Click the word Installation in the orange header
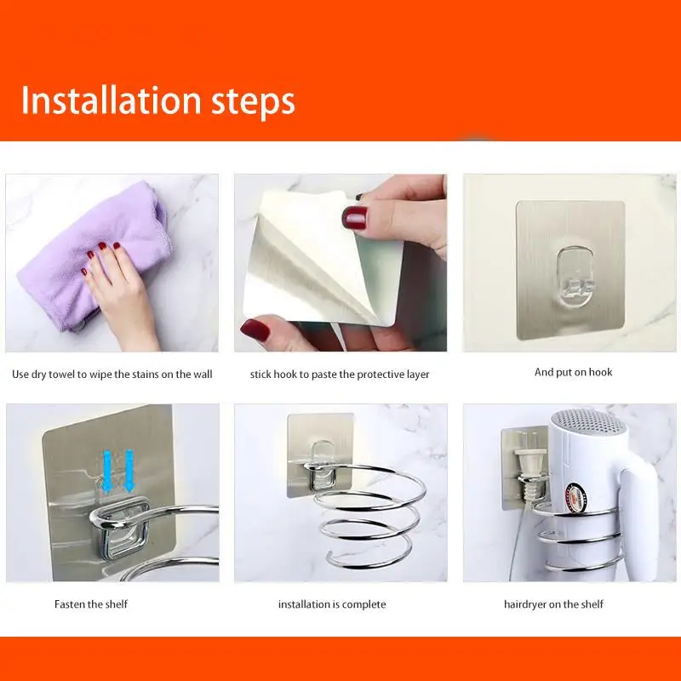pyautogui.click(x=111, y=100)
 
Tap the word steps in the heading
pyautogui.click(x=253, y=103)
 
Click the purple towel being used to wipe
pyautogui.click(x=91, y=256)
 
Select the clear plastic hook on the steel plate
pyautogui.click(x=575, y=276)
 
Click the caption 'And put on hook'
pyautogui.click(x=573, y=372)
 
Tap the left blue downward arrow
pyautogui.click(x=107, y=472)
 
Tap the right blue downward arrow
pyautogui.click(x=129, y=472)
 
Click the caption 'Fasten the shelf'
pyautogui.click(x=91, y=604)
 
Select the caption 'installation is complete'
pyautogui.click(x=332, y=604)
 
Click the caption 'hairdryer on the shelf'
pyautogui.click(x=553, y=604)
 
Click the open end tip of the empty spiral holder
pyautogui.click(x=330, y=554)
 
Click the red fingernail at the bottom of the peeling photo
pyautogui.click(x=255, y=330)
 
